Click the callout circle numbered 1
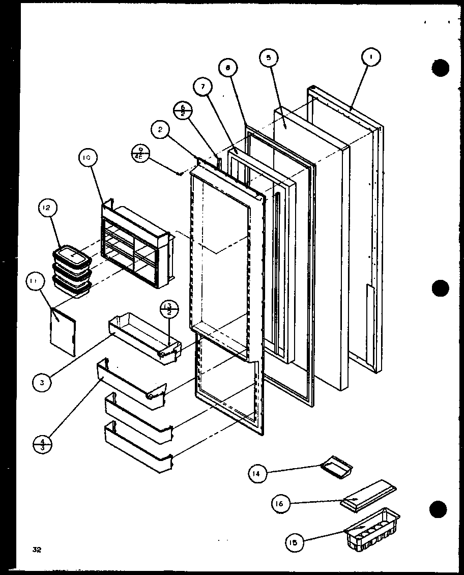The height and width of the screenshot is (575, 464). coord(371,59)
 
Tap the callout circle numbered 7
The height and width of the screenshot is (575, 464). coord(202,87)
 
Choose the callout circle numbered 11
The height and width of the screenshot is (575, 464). coord(36,282)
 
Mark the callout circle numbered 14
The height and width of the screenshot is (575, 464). coord(258,474)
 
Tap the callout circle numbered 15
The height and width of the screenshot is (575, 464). coord(295,543)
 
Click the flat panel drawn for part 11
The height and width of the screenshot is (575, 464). coord(64,330)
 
